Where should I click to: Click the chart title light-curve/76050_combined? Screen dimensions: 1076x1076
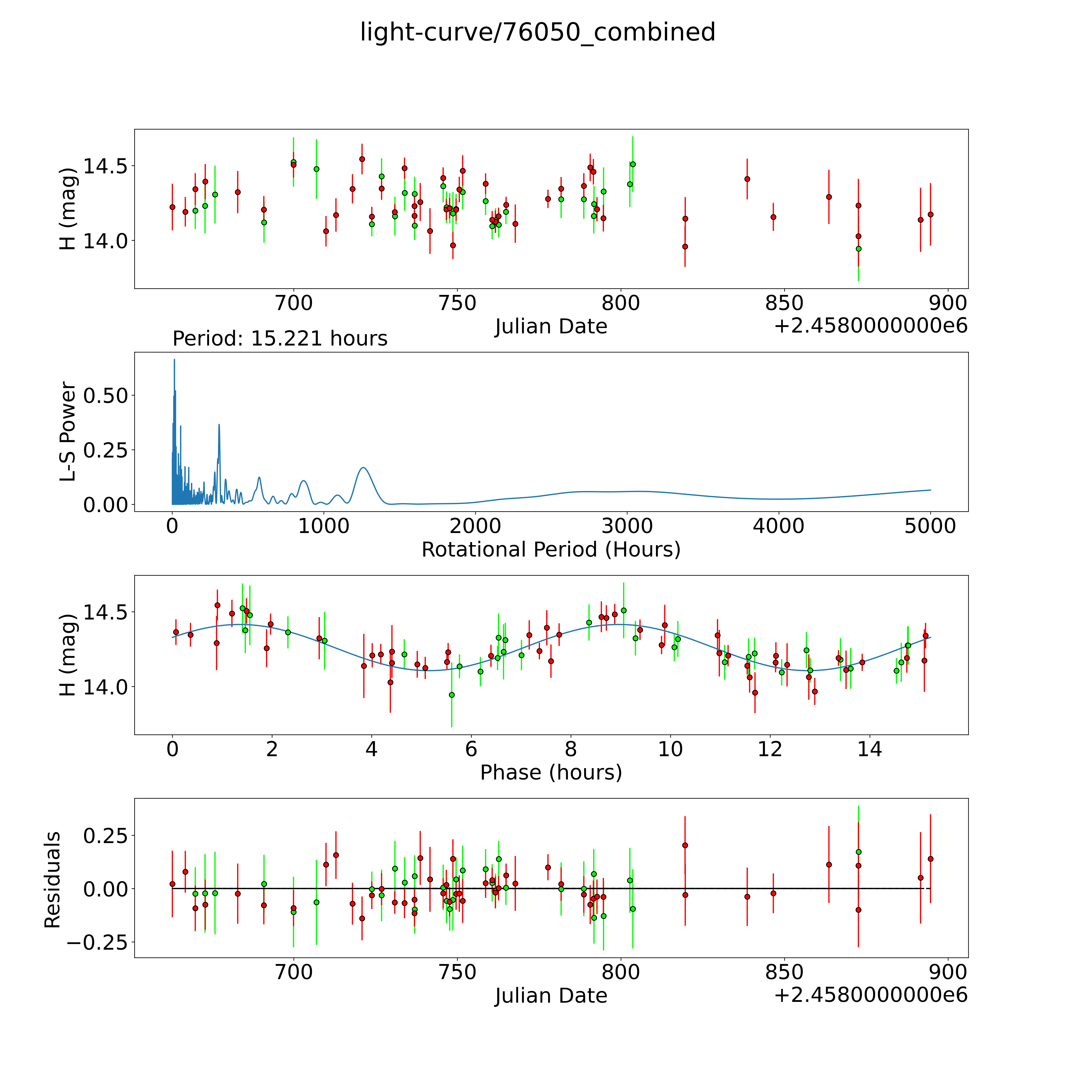pos(537,32)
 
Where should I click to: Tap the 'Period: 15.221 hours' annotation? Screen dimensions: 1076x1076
pos(280,339)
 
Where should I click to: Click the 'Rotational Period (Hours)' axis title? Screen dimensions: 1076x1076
pos(551,550)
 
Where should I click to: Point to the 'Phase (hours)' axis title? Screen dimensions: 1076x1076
pos(551,773)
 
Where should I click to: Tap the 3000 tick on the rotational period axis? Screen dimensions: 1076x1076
pos(627,526)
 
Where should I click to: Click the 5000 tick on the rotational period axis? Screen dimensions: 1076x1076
pos(930,526)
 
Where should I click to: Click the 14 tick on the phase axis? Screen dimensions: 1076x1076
pos(869,749)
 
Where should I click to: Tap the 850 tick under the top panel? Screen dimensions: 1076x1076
pos(784,303)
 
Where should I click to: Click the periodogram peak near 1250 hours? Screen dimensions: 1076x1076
pos(363,468)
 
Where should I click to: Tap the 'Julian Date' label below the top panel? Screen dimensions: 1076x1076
pos(551,326)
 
